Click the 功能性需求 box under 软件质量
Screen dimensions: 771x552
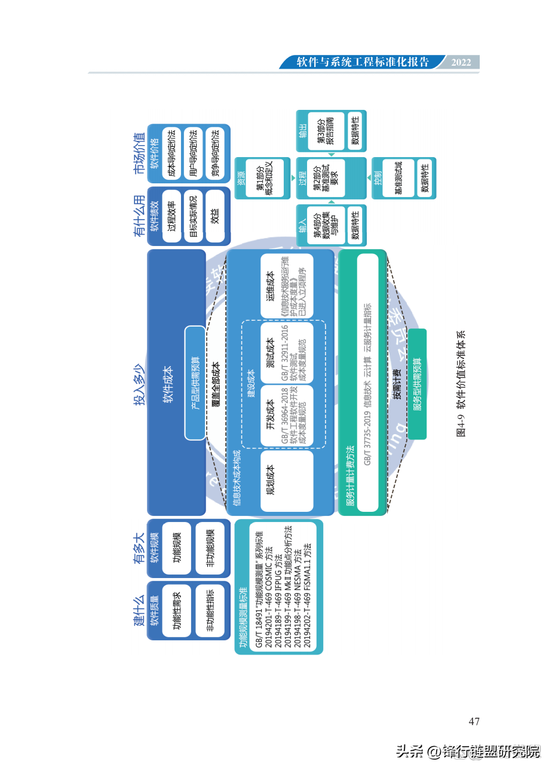tap(177, 618)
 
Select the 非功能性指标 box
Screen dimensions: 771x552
tap(210, 618)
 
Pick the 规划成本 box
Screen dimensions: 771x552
tap(287, 480)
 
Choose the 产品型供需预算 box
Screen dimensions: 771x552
tap(195, 383)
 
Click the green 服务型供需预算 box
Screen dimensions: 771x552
tap(418, 383)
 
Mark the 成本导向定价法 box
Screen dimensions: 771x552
tap(172, 153)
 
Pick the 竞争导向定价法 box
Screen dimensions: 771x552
tap(215, 153)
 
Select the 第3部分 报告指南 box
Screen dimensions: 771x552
tap(327, 130)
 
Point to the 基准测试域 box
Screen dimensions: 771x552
tap(398, 178)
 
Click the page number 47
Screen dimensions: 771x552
tap(474, 722)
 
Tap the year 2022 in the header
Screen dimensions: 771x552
tap(461, 63)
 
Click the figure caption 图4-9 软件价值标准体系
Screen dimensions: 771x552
tap(461, 384)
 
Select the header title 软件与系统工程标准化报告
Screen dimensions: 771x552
tap(363, 63)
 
